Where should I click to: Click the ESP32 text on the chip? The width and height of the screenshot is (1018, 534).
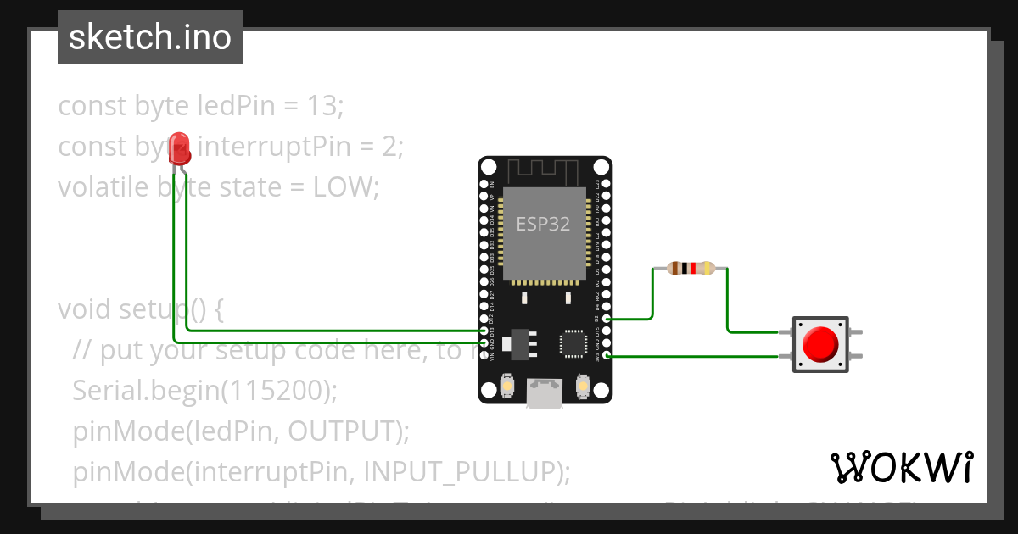544,225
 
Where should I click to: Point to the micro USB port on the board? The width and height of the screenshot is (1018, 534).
544,392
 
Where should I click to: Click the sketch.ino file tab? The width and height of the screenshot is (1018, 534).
150,37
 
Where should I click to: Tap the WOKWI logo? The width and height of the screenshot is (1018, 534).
901,467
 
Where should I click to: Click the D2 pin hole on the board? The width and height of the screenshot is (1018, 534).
605,320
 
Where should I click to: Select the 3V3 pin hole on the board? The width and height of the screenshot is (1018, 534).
605,356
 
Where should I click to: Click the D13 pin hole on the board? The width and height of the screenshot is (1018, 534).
484,331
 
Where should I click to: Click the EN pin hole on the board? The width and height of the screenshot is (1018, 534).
484,184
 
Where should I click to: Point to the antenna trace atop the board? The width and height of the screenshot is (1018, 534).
544,171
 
